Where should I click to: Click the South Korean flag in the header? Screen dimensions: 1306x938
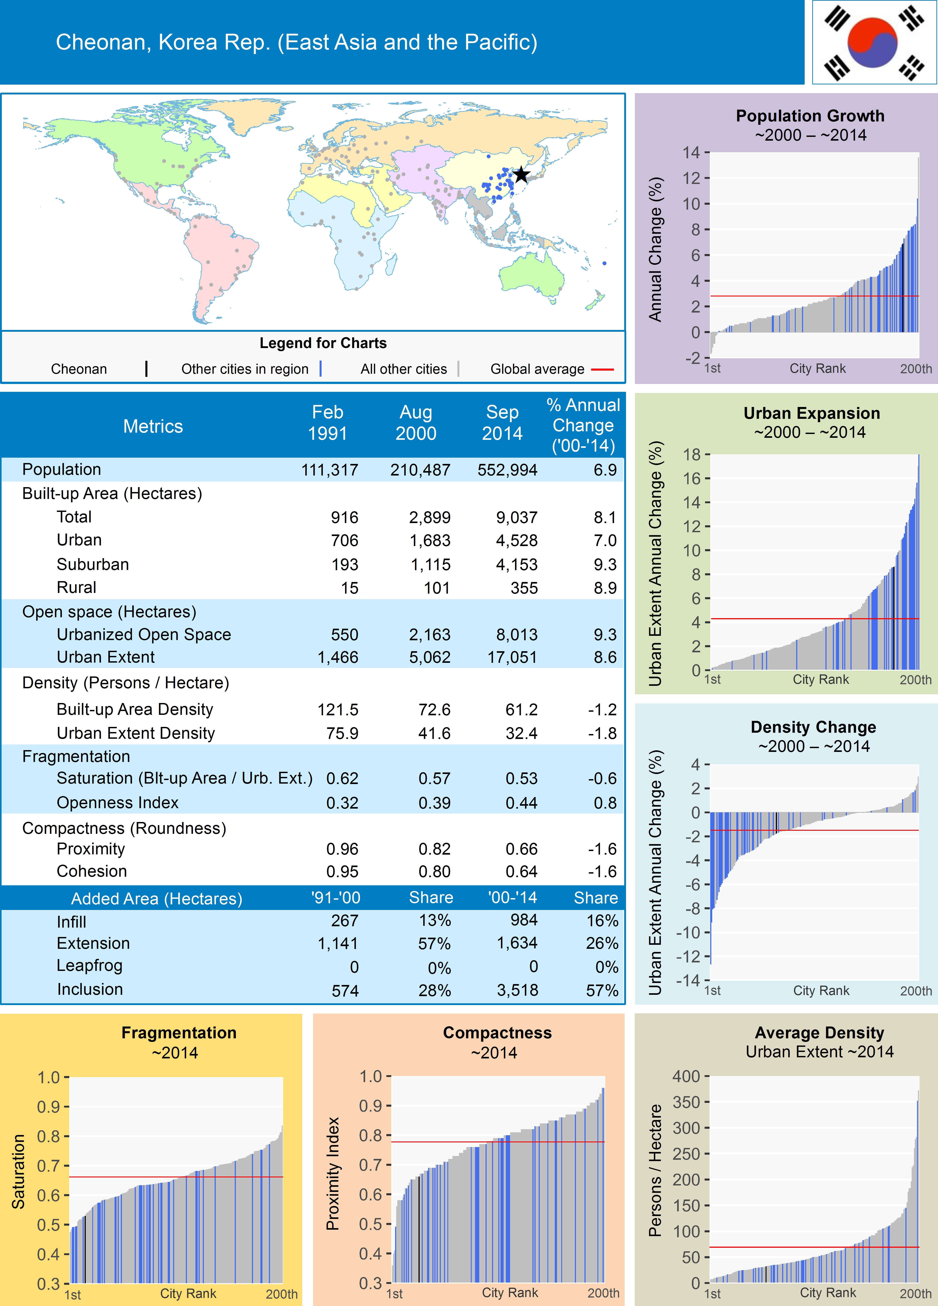(874, 42)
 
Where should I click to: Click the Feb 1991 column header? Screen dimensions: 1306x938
(327, 423)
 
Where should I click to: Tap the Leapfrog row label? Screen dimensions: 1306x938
(89, 966)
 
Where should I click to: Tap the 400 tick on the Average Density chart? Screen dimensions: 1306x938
(686, 1076)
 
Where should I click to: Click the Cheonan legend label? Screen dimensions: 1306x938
(79, 369)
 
